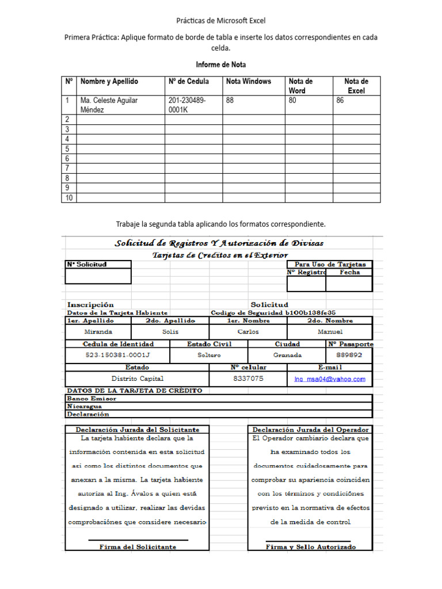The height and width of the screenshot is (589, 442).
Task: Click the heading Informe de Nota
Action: [221, 64]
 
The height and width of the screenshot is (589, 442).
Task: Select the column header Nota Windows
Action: [248, 81]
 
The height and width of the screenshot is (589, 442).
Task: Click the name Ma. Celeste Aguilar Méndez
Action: [109, 105]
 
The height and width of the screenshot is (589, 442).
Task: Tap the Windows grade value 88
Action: [230, 100]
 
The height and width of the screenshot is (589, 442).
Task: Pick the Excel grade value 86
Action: [340, 100]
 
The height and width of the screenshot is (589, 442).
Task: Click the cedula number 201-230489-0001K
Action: [187, 105]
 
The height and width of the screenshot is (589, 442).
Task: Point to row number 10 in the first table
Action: [68, 198]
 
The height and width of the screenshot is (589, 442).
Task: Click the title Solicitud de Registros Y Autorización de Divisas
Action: [219, 243]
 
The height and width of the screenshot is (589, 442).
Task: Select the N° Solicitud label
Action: [86, 265]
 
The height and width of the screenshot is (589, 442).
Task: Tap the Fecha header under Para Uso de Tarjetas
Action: [349, 273]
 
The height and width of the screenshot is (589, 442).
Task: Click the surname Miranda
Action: [98, 332]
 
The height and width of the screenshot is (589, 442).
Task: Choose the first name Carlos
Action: [248, 332]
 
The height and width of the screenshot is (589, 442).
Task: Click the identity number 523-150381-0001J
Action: [117, 355]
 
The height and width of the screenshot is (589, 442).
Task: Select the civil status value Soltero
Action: [209, 355]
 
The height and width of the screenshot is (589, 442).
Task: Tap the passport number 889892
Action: [349, 355]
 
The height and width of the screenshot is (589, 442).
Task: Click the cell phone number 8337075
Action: [248, 378]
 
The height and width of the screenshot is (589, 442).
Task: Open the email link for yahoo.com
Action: [329, 379]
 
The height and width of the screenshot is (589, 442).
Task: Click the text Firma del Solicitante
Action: [138, 547]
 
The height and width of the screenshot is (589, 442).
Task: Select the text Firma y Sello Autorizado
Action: [311, 547]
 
